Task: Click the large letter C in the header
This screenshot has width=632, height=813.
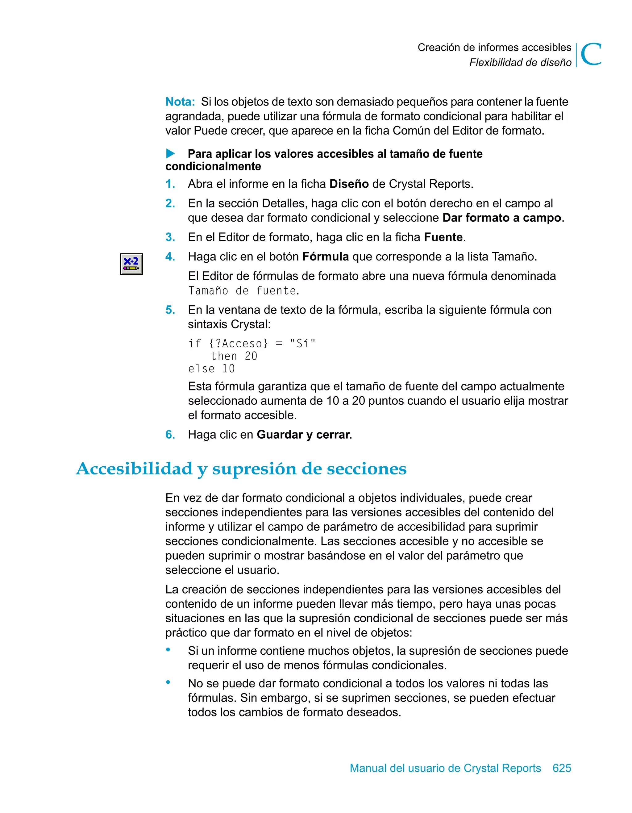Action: click(x=591, y=54)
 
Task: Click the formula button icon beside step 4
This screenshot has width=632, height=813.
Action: click(x=131, y=264)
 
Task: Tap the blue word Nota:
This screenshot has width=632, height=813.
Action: click(x=180, y=102)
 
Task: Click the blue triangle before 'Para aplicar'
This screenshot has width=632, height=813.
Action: click(x=170, y=153)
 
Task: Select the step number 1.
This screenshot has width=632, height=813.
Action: click(x=170, y=184)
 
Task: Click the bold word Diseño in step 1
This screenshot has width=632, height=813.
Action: click(x=349, y=184)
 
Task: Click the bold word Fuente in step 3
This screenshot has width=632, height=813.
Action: click(x=443, y=237)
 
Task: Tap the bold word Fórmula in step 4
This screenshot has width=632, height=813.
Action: click(x=325, y=256)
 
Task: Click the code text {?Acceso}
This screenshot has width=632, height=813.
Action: click(x=239, y=343)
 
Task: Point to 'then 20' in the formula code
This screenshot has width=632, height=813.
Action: click(x=234, y=356)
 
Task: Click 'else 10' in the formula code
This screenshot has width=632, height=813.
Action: click(x=211, y=369)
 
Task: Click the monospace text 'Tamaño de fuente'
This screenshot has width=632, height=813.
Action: click(x=243, y=291)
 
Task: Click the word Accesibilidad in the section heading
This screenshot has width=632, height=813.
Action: click(x=134, y=468)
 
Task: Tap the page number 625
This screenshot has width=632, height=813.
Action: click(x=562, y=768)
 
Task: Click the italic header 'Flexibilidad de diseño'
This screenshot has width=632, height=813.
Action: click(x=520, y=63)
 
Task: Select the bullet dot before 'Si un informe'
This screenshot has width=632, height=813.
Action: click(x=168, y=650)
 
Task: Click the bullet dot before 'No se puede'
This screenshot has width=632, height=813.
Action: click(x=168, y=683)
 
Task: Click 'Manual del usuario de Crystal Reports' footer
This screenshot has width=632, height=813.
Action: click(x=445, y=768)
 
